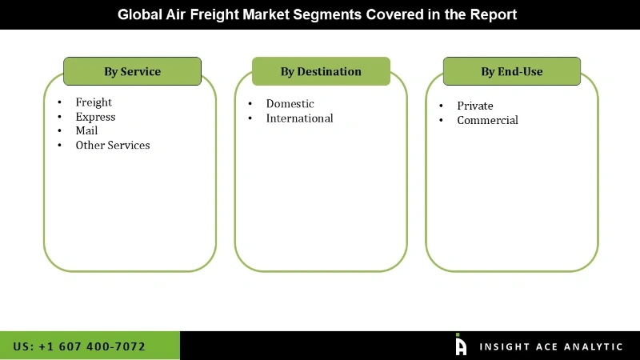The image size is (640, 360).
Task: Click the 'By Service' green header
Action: coord(132,71)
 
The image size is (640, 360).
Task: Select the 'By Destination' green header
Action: coord(321,71)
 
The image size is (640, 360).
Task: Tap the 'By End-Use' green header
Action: coord(511,71)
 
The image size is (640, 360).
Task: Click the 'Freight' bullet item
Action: coord(94,102)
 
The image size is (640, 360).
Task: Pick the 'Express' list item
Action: coord(95,117)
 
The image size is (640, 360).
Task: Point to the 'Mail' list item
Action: coord(86,131)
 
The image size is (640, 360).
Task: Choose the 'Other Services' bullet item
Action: coord(113,146)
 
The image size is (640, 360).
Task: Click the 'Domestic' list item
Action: coord(290,104)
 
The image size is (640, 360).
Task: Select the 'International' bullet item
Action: coord(299,118)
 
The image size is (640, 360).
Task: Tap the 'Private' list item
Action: coord(475,106)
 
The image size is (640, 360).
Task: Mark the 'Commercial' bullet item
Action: coord(487,120)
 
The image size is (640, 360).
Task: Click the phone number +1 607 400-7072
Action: coord(79,346)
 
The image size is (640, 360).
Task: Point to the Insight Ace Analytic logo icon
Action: coord(461,345)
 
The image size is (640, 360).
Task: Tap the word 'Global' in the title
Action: coord(138,14)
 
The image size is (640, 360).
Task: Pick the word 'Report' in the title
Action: coord(495,14)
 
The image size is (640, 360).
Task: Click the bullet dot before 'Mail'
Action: coord(60,131)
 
